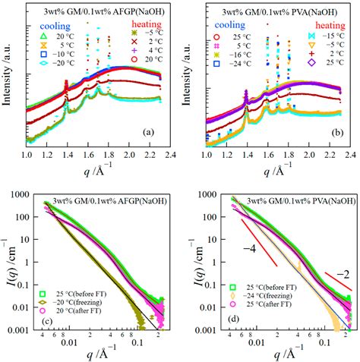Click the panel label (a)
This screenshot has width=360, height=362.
[147, 131]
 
